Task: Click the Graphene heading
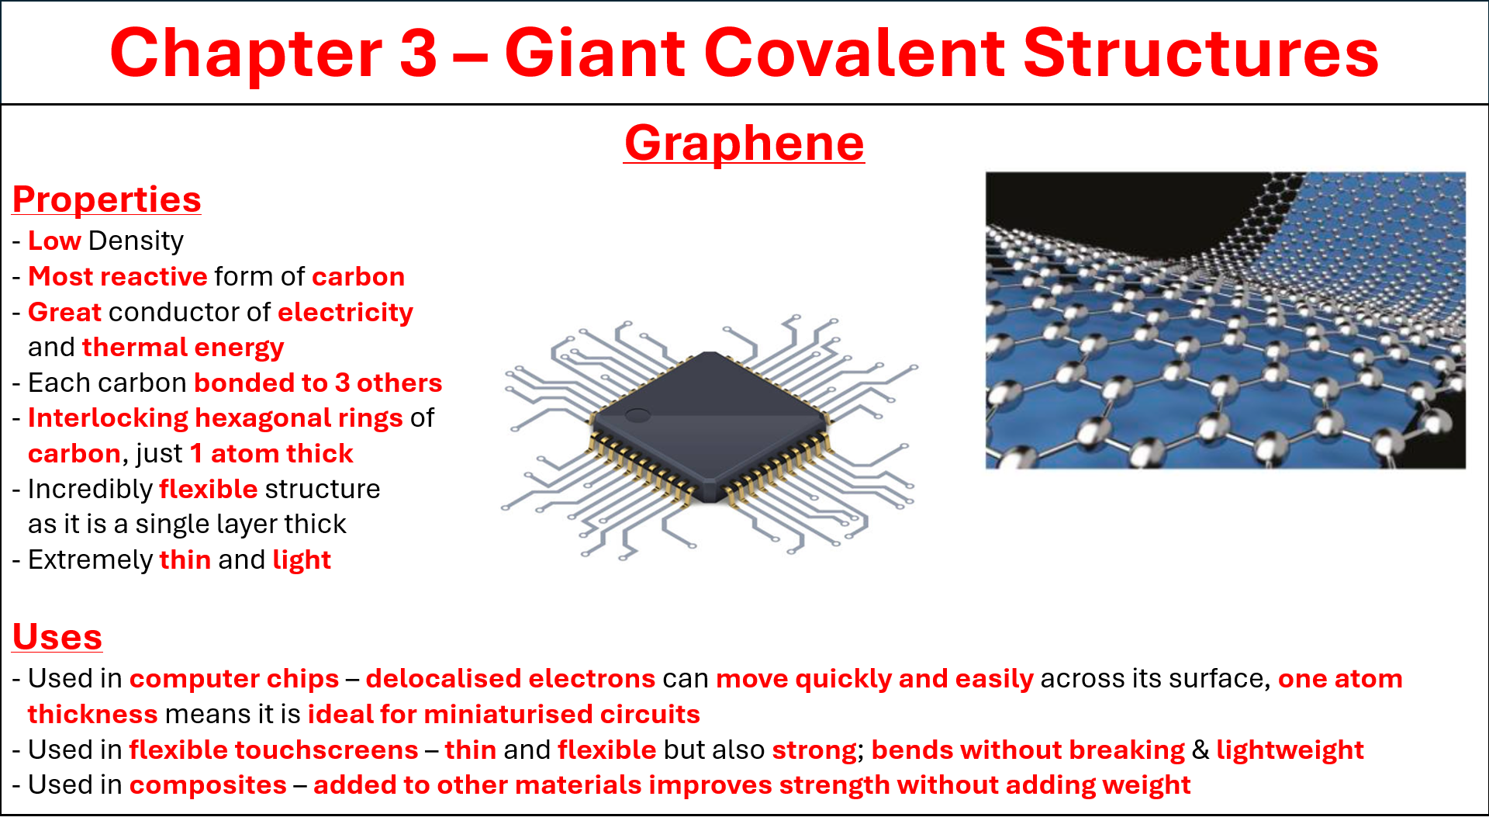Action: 744,144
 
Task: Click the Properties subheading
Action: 107,199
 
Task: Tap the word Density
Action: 136,241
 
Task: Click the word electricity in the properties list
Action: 345,312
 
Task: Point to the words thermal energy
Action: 183,348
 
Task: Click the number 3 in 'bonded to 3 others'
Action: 341,383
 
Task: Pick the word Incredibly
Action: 90,490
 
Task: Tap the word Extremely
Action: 90,560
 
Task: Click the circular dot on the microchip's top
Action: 637,415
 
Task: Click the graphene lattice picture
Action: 1225,320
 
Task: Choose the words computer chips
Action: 234,679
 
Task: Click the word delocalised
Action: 444,679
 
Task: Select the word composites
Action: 208,785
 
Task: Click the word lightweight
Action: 1290,750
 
